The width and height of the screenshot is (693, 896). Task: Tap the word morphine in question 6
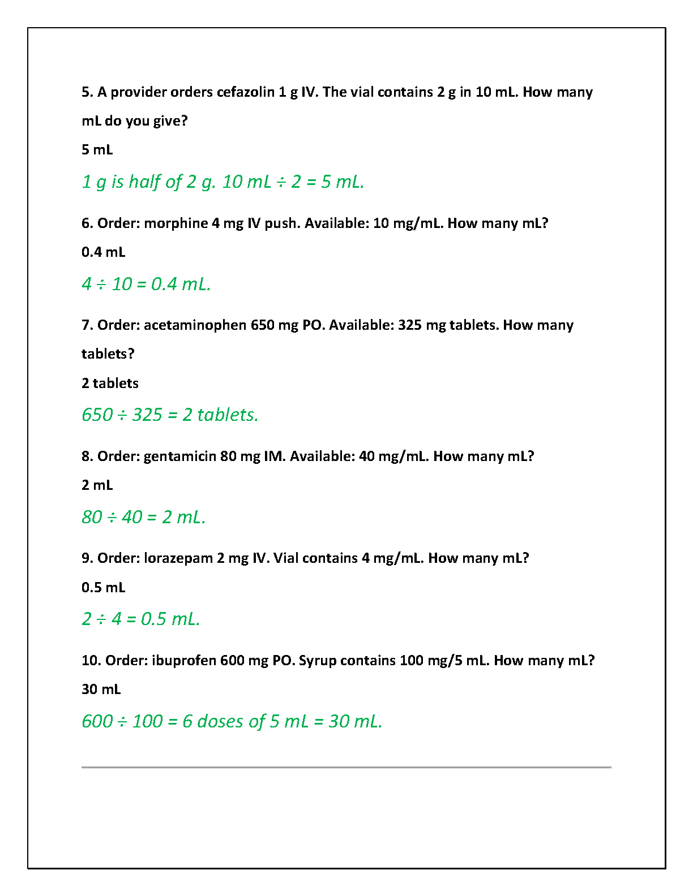coord(176,223)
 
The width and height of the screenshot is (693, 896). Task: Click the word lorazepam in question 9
coord(178,558)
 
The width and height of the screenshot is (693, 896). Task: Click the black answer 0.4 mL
coord(103,252)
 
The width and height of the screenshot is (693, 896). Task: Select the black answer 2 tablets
coord(110,384)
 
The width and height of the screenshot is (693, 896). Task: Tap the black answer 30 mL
coord(101,690)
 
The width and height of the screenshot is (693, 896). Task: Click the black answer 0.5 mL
coord(103,588)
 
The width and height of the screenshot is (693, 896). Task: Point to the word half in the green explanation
coord(144,182)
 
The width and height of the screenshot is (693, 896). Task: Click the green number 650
coord(97,415)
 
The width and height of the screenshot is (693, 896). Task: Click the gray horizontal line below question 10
coord(346,768)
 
